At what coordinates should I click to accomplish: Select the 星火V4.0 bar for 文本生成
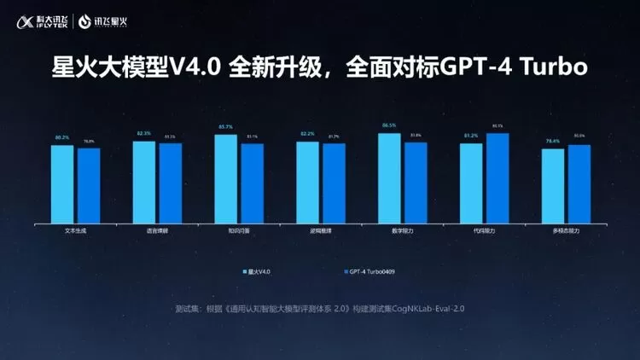61,184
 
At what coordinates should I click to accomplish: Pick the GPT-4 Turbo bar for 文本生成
88,186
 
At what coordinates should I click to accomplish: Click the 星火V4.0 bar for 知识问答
225,179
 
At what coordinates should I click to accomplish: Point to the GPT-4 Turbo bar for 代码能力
497,178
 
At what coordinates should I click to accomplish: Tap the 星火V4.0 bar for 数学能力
389,178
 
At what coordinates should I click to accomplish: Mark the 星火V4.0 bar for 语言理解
144,183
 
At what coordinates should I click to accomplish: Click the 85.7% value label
225,127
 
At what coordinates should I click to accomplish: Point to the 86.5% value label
389,125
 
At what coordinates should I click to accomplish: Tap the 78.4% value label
553,141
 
